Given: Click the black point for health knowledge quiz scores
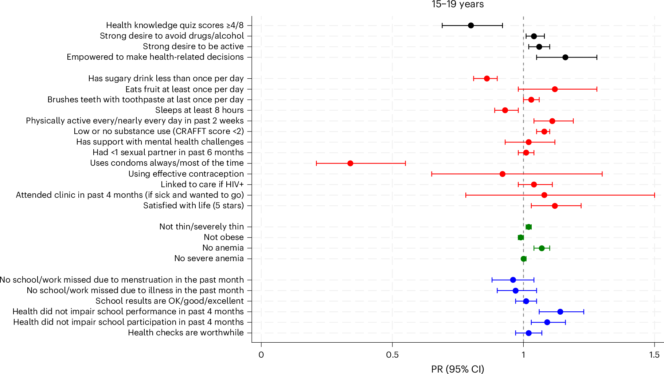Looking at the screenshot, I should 470,25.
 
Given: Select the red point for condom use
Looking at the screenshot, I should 350,163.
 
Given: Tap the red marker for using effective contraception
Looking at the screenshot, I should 502,174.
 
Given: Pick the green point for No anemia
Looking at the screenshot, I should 542,248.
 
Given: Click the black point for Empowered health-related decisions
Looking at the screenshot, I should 565,57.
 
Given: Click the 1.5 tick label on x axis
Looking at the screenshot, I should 654,355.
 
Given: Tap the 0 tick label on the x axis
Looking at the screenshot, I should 261,355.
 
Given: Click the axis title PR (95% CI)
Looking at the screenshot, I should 457,369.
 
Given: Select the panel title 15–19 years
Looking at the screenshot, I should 457,4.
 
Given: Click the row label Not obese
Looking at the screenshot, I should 223,237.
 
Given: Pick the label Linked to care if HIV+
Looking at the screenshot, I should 202,184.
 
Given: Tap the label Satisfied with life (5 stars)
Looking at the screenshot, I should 193,205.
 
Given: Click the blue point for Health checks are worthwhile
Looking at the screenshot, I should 528,333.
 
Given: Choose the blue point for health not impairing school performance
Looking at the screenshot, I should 560,312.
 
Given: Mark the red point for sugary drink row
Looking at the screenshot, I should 487,79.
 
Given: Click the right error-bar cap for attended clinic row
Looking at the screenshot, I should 655,195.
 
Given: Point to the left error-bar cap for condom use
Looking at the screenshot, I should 316,163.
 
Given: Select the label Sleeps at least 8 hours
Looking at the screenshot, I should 199,110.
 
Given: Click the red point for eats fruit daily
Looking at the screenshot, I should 555,89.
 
